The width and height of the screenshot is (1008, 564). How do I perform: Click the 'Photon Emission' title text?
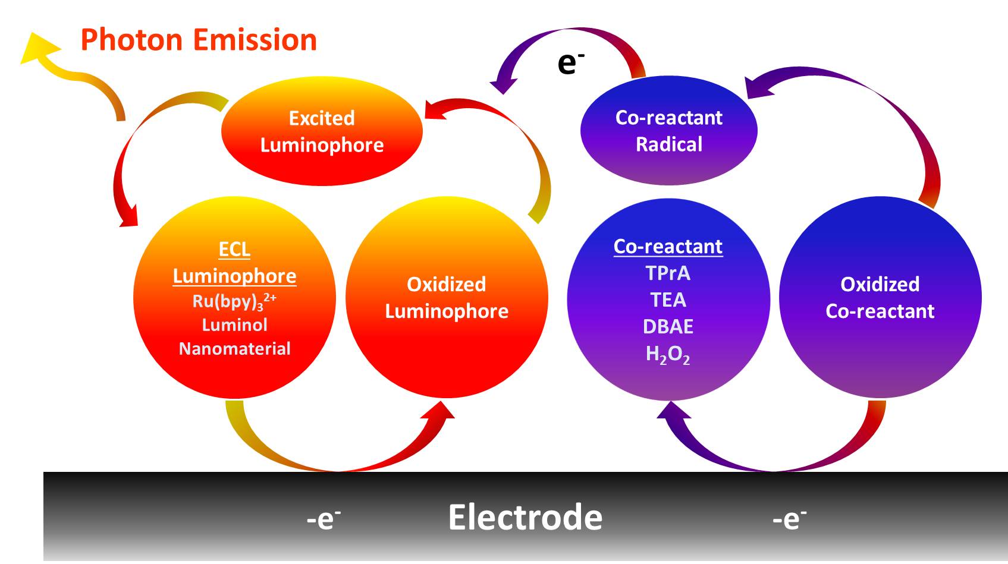click(198, 40)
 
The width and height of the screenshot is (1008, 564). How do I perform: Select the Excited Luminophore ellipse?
click(322, 132)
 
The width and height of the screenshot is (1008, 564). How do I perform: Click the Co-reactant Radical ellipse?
click(668, 131)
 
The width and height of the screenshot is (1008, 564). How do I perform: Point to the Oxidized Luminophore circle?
click(447, 298)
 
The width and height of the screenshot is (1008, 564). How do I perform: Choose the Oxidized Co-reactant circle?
click(880, 298)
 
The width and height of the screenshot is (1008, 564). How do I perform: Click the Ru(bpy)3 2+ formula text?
click(234, 301)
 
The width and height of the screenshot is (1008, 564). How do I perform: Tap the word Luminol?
click(234, 325)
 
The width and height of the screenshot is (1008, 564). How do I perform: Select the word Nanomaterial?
click(234, 349)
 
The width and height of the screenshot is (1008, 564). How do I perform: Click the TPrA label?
click(668, 273)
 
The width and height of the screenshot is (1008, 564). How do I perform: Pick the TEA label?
click(668, 300)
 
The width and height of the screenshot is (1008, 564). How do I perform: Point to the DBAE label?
click(668, 327)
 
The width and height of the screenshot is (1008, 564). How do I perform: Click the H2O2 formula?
click(668, 355)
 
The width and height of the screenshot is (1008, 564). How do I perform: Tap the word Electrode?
click(525, 517)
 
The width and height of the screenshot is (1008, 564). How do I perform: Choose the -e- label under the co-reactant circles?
click(789, 519)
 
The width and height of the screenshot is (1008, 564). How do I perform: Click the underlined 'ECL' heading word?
click(234, 250)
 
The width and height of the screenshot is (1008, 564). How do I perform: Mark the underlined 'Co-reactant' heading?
click(668, 247)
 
